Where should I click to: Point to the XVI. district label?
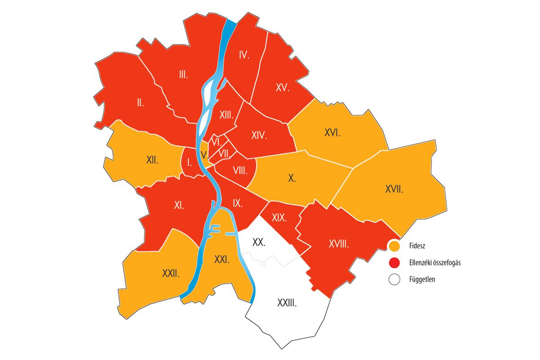coord(332,133)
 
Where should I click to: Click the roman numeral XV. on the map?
coord(283,88)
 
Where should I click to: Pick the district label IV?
coord(244,55)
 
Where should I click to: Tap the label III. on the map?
coord(183,75)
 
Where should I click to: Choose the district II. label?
coord(140,103)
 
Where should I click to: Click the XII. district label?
coord(152,159)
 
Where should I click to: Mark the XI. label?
coord(179,205)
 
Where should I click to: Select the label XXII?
coord(171,273)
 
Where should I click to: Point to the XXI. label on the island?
coord(221,259)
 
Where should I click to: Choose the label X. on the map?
coord(292,178)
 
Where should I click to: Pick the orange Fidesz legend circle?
coord(395,246)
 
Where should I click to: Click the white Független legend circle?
coord(395,279)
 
